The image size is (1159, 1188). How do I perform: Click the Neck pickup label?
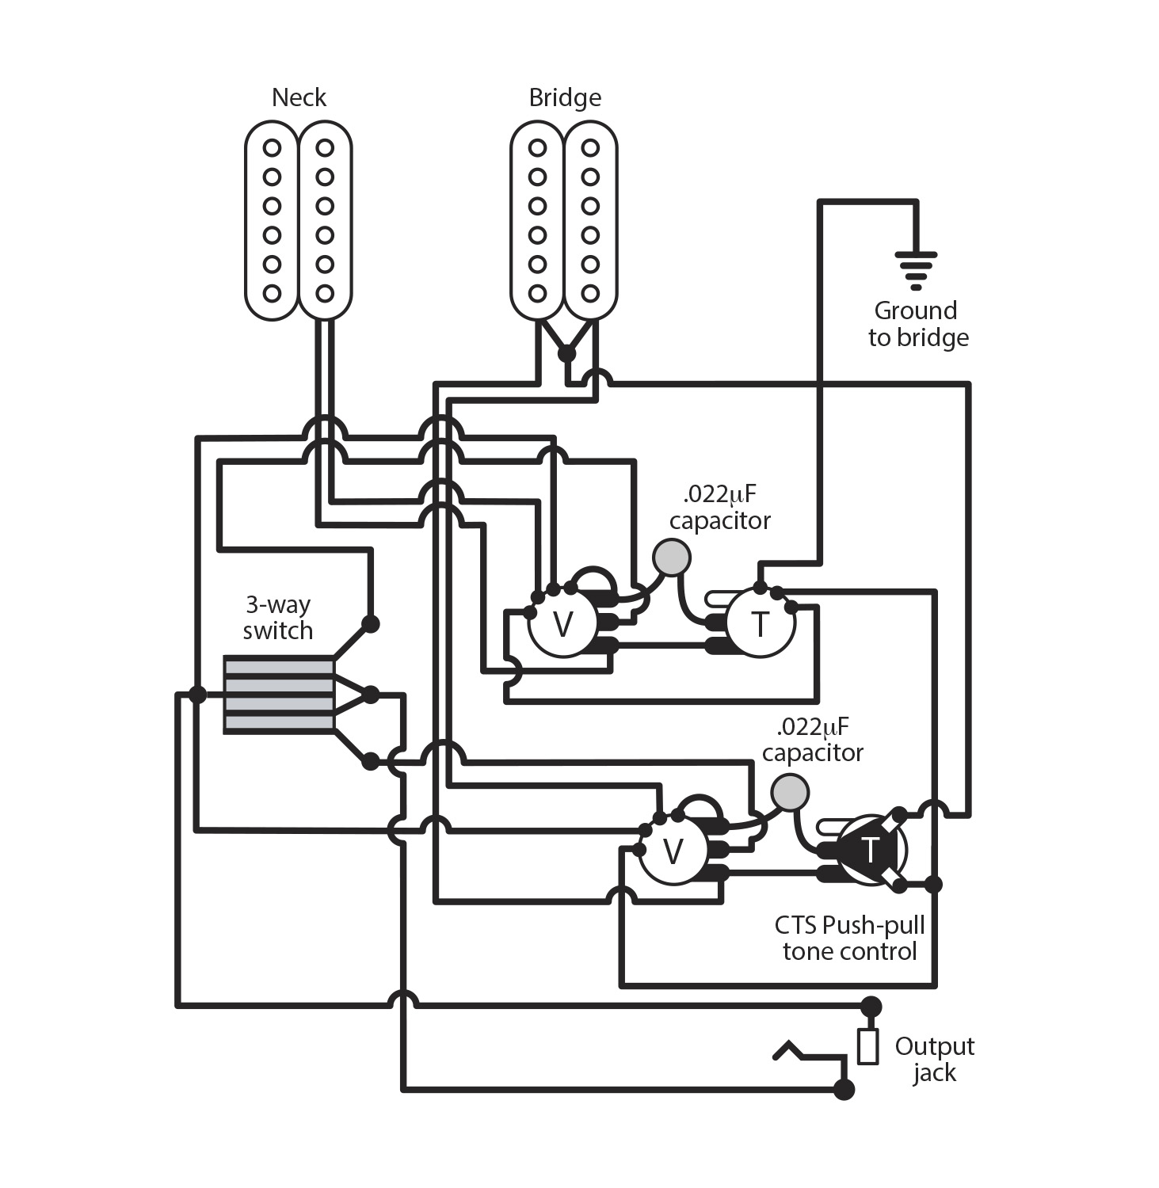[299, 97]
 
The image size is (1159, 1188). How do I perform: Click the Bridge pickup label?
[564, 97]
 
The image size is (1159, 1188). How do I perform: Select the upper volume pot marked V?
[562, 624]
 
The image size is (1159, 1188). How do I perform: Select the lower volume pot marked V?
[672, 852]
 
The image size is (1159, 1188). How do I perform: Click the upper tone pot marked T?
[760, 623]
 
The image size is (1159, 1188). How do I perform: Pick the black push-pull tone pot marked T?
[869, 851]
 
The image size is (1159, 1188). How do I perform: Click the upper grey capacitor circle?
[672, 558]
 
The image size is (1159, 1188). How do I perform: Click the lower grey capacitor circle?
[789, 792]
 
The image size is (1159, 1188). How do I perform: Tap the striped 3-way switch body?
[278, 695]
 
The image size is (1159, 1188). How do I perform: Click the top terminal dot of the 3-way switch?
[370, 623]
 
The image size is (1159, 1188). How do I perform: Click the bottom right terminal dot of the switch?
[370, 762]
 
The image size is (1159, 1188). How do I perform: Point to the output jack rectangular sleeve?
[868, 1045]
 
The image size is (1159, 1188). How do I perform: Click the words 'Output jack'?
[933, 1059]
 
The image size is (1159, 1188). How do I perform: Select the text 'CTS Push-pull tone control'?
[849, 938]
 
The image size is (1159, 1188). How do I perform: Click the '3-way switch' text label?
[277, 617]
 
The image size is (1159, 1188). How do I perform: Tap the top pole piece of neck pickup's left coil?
[272, 148]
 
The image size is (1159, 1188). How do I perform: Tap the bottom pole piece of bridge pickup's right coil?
[590, 294]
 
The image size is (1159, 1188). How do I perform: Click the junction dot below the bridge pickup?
[566, 353]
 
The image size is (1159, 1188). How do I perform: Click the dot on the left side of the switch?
[197, 695]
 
